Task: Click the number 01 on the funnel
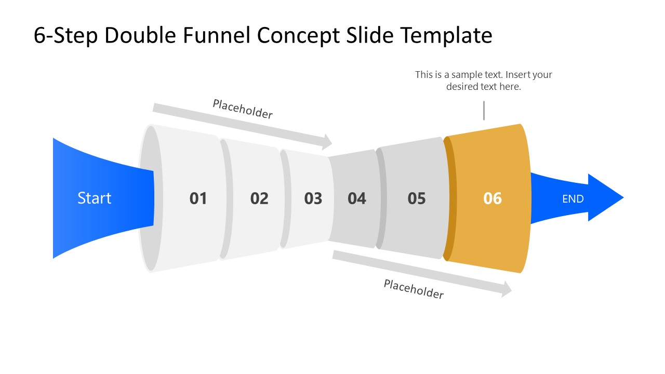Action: pos(198,198)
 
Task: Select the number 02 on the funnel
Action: pos(259,198)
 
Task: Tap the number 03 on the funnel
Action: pos(313,198)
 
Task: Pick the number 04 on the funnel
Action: pos(357,198)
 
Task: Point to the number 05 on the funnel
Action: pos(417,198)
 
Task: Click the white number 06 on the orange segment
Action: pos(493,198)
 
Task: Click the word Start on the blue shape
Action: pos(94,198)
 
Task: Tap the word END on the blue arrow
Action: pos(573,198)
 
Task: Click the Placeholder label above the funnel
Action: pos(243,109)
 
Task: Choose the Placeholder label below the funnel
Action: pos(414,289)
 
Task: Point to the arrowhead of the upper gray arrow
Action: pos(327,141)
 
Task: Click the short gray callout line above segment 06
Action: pos(484,111)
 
